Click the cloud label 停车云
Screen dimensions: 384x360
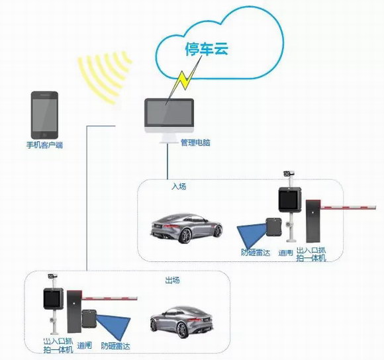[x=207, y=49]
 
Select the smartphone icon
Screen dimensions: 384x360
[x=44, y=115]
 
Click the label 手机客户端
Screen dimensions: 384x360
[x=44, y=145]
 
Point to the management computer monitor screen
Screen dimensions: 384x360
[x=169, y=112]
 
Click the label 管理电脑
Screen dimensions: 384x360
[x=195, y=142]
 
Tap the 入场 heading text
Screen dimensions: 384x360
[x=179, y=187]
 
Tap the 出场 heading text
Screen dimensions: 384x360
[x=172, y=280]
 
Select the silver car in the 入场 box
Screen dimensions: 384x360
[x=186, y=228]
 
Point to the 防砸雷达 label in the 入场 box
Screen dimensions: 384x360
[x=256, y=252]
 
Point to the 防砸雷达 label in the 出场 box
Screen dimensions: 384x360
[x=116, y=346]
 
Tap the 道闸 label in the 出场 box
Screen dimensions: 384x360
[x=85, y=345]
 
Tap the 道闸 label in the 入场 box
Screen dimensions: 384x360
[x=286, y=253]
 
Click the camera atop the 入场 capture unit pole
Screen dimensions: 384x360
[x=289, y=174]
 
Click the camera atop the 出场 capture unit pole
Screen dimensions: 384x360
[x=52, y=277]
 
